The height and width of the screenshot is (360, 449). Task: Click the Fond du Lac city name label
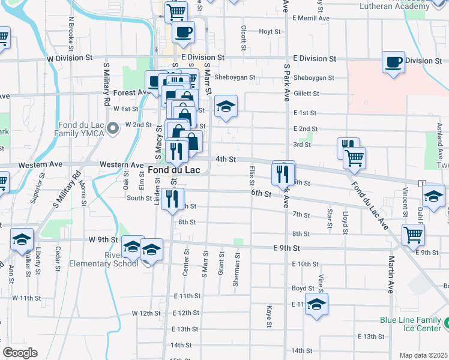coord(173,170)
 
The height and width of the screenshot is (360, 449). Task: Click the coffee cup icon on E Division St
coord(393,62)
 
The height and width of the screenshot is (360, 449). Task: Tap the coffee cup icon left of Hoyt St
coord(183,32)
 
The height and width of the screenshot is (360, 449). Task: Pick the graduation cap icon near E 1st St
coord(226,107)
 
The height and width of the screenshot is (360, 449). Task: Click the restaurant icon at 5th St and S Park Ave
coord(283,173)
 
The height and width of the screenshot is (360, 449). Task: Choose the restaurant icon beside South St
coord(172,199)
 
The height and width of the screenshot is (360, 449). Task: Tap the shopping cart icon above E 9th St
coord(413,235)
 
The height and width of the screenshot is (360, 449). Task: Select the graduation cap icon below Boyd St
coord(316,304)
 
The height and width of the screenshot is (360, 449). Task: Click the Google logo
coord(20,352)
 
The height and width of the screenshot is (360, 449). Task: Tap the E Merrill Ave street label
coord(311,19)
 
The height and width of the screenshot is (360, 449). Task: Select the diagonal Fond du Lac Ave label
coord(368,202)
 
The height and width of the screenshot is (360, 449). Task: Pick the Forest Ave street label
coord(130,93)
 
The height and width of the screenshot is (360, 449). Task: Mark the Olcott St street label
coord(244,38)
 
